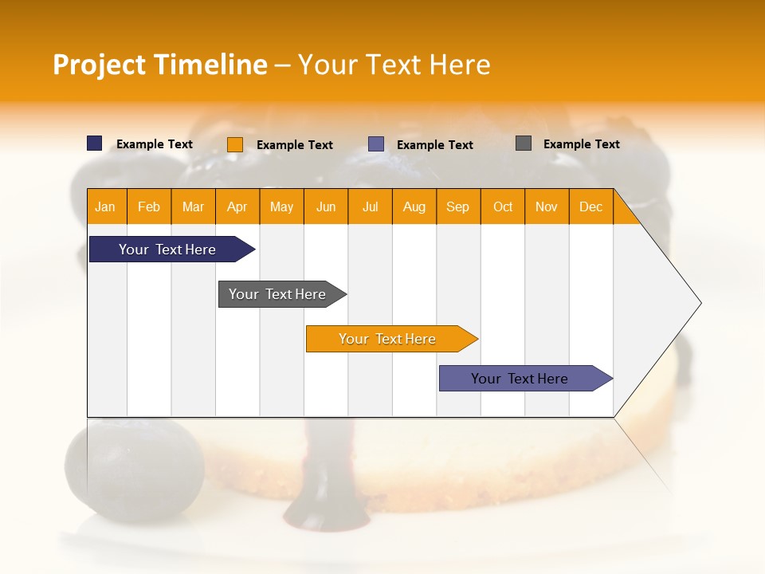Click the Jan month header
point(106,206)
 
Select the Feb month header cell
point(149,206)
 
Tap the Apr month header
point(237,206)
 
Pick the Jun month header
point(326,206)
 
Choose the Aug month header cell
point(414,206)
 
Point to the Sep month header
point(458,206)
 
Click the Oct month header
point(503,206)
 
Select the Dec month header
point(591,206)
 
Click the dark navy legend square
point(95,143)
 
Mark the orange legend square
point(235,144)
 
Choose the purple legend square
point(376,144)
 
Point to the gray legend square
point(524,143)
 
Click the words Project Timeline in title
point(160,65)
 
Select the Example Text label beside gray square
point(581,144)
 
